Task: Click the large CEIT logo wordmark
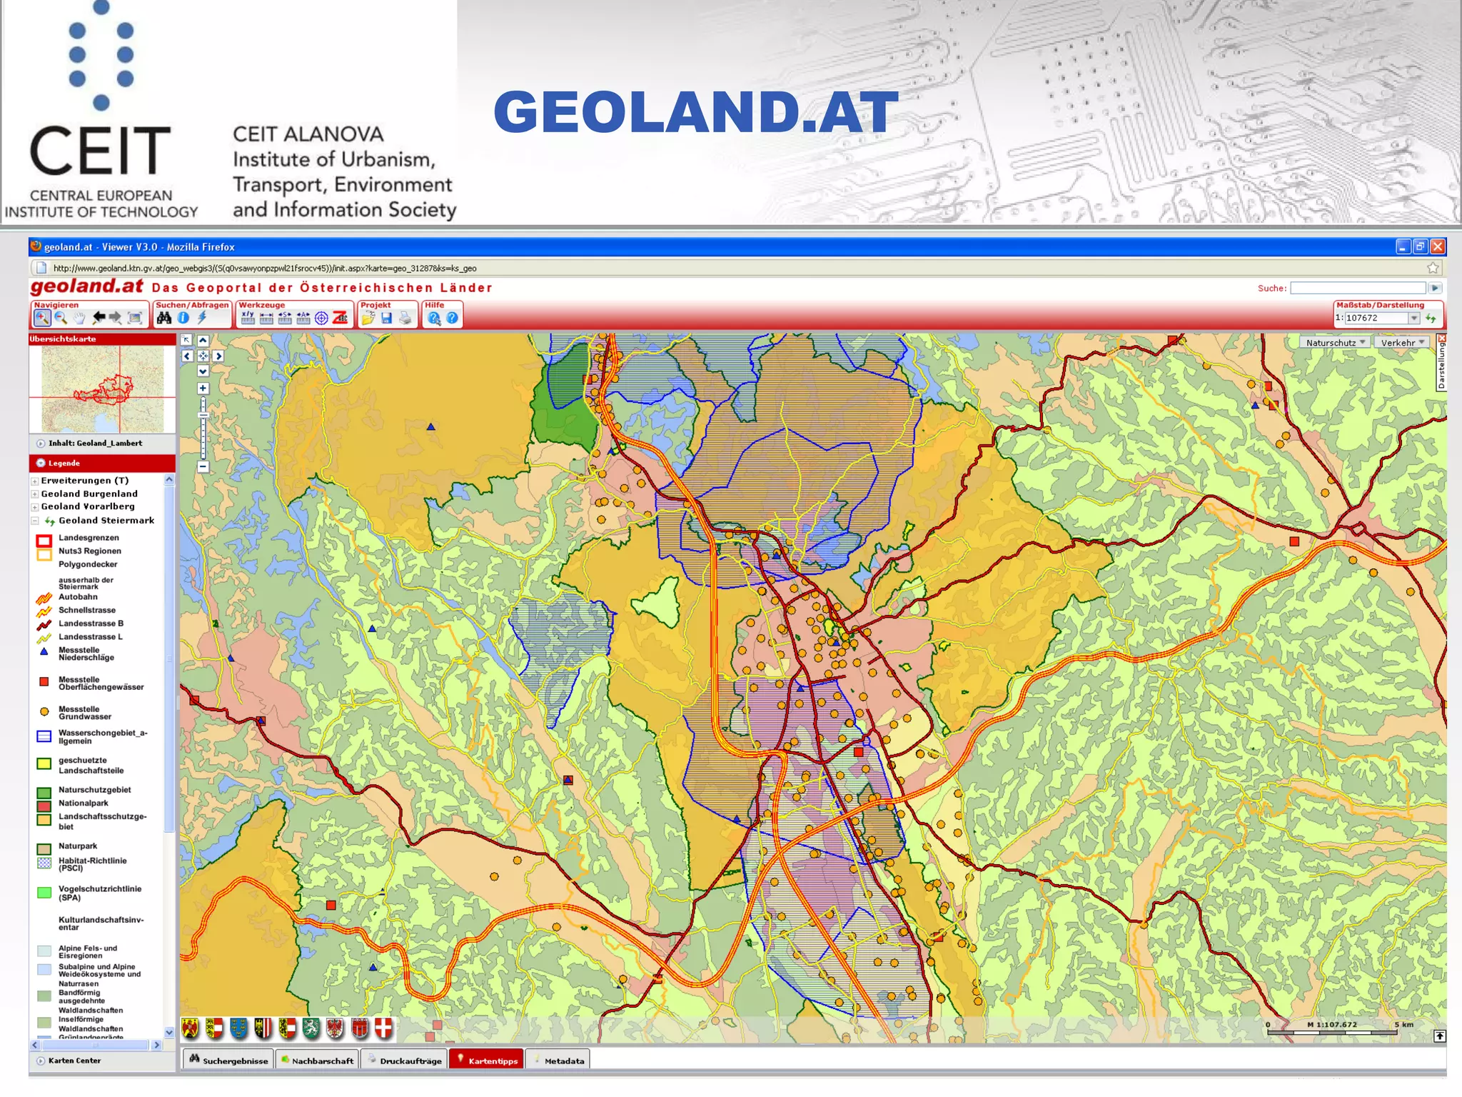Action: coord(100,151)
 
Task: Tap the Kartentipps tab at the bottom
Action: coord(487,1060)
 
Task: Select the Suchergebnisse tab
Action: coord(228,1060)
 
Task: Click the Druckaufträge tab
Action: coord(405,1060)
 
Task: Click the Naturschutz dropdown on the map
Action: coord(1334,343)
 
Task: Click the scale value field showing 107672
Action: coord(1376,318)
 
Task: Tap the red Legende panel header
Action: coord(101,463)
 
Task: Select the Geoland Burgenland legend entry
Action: coord(89,494)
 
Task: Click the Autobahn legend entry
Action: coord(78,596)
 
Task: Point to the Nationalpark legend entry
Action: coord(83,803)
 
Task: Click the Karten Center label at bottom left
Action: coord(74,1061)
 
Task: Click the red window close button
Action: coord(1438,247)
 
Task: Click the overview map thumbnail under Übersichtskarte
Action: coord(102,389)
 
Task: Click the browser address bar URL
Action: coord(264,269)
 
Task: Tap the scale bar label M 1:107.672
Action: coord(1331,1024)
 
